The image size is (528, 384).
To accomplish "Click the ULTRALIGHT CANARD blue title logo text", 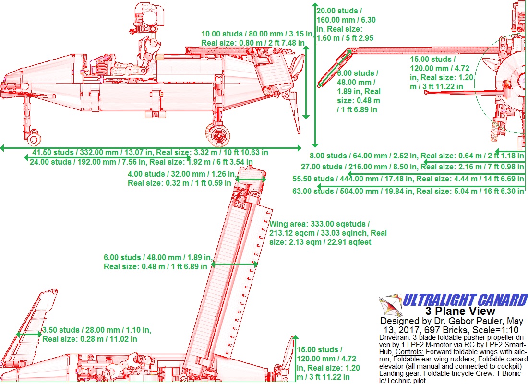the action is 465,300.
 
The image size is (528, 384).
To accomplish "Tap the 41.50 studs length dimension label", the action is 150,153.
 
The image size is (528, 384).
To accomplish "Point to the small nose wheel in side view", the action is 34,139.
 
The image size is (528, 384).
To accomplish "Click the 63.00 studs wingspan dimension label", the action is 408,192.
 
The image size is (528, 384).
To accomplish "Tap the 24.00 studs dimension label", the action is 141,162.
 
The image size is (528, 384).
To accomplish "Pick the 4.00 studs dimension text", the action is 182,179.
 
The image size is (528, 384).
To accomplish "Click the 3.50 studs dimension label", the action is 96,335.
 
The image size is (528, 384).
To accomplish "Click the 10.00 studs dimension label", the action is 258,38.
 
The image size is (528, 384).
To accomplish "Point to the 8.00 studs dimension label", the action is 417,156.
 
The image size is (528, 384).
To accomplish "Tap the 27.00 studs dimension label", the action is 412,167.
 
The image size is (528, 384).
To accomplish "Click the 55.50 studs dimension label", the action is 408,179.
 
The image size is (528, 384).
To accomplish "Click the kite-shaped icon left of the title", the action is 391,305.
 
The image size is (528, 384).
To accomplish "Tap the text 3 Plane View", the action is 460,311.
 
